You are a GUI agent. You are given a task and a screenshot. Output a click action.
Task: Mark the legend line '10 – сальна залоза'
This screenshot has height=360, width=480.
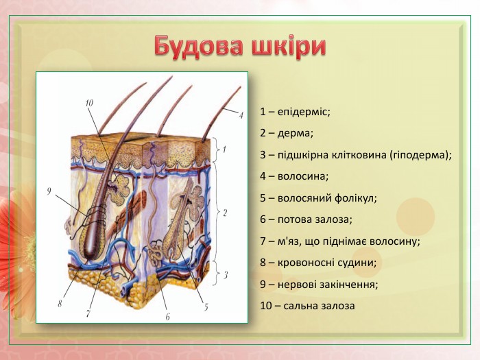point(307,305)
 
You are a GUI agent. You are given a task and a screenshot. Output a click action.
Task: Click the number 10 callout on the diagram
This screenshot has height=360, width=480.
point(89,103)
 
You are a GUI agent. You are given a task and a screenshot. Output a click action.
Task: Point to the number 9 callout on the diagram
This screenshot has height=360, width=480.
point(50,191)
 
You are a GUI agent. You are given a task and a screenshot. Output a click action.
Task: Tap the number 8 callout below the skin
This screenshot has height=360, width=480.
point(60,302)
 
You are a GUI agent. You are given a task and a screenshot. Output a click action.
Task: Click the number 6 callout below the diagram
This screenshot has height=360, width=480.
point(167,316)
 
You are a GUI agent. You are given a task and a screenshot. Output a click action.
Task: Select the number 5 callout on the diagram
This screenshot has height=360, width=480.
point(206,307)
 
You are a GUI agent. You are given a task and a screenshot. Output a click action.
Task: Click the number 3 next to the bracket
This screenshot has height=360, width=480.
point(226,276)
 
